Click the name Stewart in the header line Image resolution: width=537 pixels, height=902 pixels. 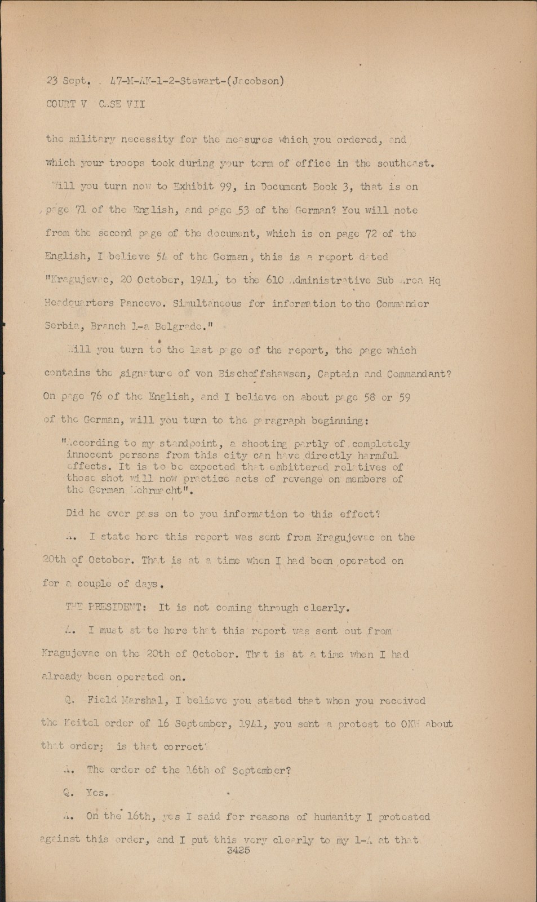coord(205,81)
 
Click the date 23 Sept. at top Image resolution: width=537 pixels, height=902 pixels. coord(68,81)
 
